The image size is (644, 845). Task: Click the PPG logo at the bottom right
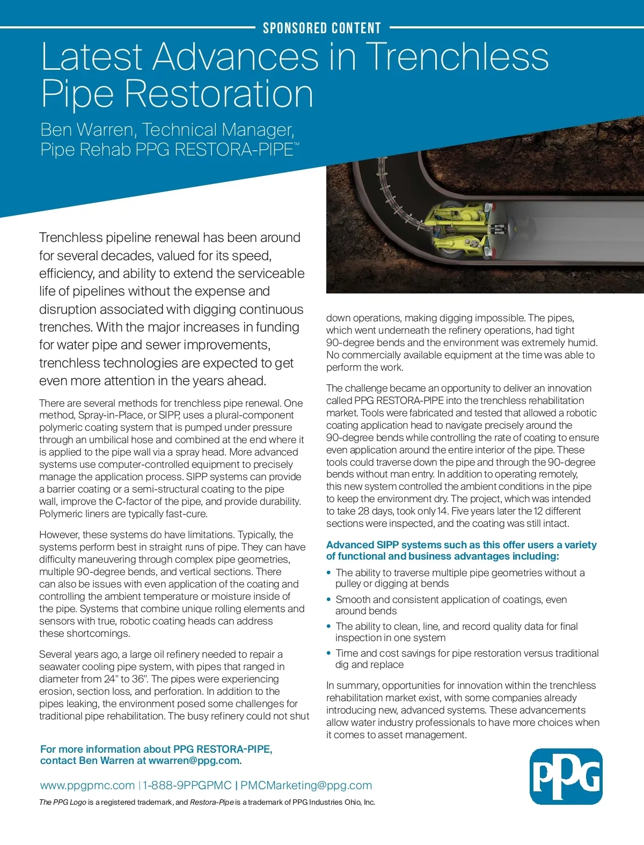pyautogui.click(x=566, y=776)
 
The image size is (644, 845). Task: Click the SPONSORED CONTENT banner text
pyautogui.click(x=321, y=28)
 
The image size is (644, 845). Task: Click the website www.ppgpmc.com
pyautogui.click(x=87, y=785)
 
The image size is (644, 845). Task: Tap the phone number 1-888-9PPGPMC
pyautogui.click(x=187, y=785)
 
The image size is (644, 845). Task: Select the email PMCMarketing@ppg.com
pyautogui.click(x=306, y=785)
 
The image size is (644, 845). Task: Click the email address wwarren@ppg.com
pyautogui.click(x=195, y=761)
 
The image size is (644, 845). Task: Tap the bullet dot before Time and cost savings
pyautogui.click(x=329, y=653)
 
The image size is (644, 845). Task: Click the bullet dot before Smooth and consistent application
pyautogui.click(x=329, y=600)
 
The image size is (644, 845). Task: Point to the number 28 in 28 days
pyautogui.click(x=364, y=511)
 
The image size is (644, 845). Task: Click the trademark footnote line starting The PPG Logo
pyautogui.click(x=207, y=803)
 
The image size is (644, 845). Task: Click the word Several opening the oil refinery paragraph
pyautogui.click(x=56, y=655)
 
